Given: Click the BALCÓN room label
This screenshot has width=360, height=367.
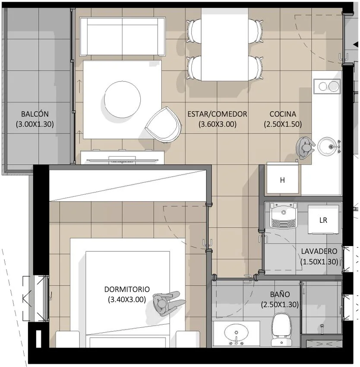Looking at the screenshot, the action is (x=35, y=114).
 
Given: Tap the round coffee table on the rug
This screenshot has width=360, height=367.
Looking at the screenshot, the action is (x=123, y=99).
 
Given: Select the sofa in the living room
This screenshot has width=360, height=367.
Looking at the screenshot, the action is (x=123, y=36).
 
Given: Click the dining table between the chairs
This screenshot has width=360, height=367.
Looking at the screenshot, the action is (x=225, y=44).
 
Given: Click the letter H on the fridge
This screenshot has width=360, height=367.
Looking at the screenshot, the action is (x=283, y=180).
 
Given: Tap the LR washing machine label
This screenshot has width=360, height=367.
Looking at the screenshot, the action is (x=323, y=220).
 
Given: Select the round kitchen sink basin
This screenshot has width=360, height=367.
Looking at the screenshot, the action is (x=326, y=147).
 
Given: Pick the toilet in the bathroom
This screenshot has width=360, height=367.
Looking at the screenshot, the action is (x=281, y=329).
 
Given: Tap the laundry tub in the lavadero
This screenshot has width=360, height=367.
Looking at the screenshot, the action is (x=284, y=216).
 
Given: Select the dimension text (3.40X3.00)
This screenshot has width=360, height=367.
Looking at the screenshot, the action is (x=127, y=299).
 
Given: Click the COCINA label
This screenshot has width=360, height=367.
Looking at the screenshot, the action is (x=283, y=114).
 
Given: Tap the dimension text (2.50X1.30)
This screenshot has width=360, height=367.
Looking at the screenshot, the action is (x=280, y=304).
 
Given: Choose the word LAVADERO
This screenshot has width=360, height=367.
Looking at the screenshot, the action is (x=319, y=251).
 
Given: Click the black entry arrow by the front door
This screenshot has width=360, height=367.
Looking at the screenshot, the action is (x=356, y=44).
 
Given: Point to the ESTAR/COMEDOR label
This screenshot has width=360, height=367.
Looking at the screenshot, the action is (x=217, y=114).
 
